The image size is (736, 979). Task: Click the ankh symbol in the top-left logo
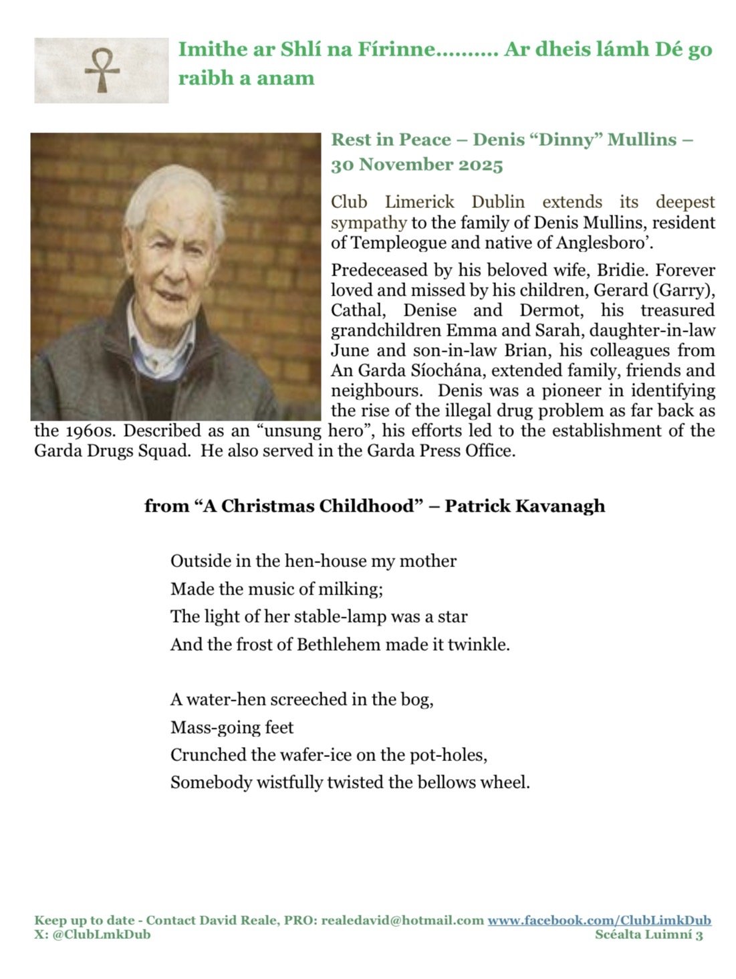pos(102,70)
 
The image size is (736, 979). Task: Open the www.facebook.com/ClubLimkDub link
pos(599,920)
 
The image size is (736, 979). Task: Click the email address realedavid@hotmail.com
pos(402,920)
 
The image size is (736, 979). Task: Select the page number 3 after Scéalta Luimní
pos(699,935)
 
